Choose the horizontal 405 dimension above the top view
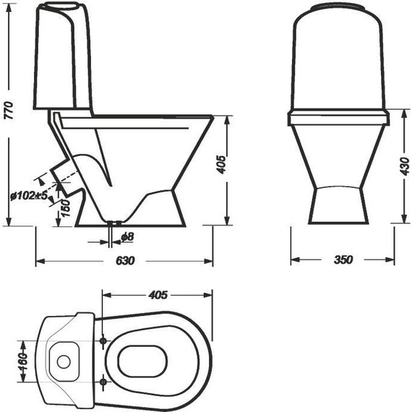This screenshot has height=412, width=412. click(158, 295)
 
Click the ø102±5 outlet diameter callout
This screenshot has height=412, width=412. click(30, 195)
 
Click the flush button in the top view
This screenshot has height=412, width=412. click(63, 359)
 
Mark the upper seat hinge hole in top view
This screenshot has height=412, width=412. click(103, 340)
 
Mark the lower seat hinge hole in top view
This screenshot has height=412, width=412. click(103, 380)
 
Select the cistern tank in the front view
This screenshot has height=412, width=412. click(338, 61)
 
